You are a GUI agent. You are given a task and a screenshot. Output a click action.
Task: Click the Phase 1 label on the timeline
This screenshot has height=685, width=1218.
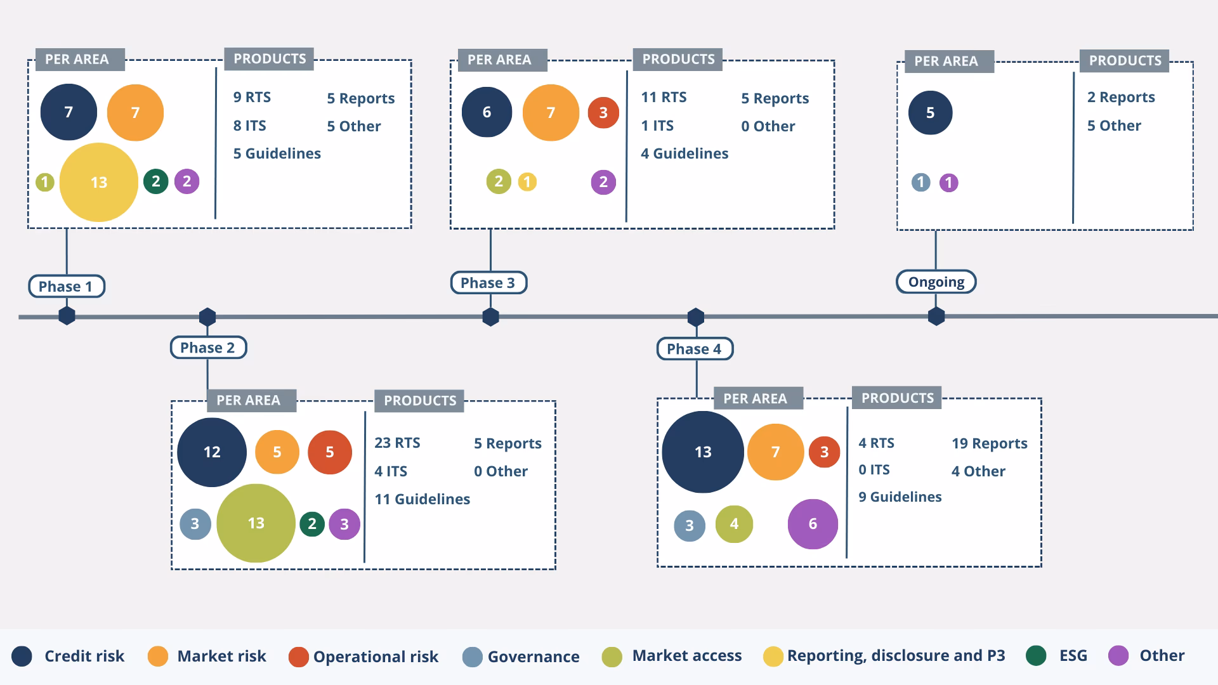coord(66,286)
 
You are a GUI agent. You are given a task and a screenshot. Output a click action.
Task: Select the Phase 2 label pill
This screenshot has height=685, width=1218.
coord(207,348)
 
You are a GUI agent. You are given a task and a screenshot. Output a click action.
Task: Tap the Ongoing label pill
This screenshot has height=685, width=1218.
coord(936,282)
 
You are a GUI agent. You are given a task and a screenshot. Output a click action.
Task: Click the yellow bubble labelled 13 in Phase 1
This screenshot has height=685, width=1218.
coord(98,182)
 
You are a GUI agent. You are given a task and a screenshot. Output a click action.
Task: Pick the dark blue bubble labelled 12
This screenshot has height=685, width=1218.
coord(212,452)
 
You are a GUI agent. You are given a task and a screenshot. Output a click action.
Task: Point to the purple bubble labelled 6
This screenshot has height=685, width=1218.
coord(813,524)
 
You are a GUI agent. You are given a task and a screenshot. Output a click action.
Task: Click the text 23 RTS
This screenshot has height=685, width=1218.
coord(397,443)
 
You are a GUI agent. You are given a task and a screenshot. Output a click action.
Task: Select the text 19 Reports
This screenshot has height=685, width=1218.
coord(989,443)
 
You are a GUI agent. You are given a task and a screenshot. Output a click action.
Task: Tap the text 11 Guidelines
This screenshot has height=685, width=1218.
coord(422,499)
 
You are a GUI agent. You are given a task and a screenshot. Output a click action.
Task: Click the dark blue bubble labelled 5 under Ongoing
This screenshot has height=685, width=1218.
coord(930,113)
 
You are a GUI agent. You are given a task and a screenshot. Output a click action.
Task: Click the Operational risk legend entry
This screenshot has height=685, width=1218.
coord(363,656)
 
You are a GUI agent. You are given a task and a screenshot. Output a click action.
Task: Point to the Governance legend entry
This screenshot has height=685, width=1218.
coord(521,656)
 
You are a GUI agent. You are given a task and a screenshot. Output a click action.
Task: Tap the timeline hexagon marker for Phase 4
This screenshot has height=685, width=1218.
coord(696,316)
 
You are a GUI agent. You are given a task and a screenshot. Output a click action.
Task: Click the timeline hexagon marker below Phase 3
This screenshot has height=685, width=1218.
coord(490,316)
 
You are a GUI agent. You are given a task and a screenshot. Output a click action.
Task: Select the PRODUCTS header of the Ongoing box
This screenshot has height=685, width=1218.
coord(1125,61)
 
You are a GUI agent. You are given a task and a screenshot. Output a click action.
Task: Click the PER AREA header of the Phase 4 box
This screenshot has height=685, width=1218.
coord(755,398)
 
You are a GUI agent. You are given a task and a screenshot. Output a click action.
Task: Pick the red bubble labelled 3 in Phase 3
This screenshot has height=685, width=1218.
coord(603,113)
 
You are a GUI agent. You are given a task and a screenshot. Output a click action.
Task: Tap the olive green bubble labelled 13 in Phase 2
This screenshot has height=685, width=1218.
coord(256,523)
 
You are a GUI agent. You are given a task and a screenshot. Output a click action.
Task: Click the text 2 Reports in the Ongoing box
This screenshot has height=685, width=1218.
coord(1120,97)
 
